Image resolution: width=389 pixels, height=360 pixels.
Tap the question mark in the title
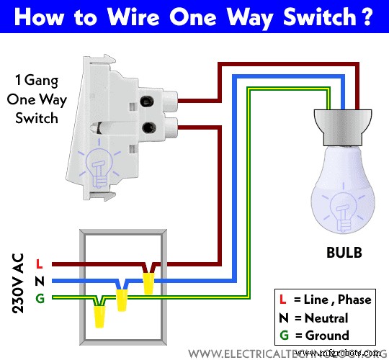pyautogui.click(x=367, y=16)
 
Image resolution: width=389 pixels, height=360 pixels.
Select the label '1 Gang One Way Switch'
pyautogui.click(x=37, y=100)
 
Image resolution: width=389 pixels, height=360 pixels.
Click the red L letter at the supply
pyautogui.click(x=39, y=265)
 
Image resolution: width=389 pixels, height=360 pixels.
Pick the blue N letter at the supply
pyautogui.click(x=39, y=282)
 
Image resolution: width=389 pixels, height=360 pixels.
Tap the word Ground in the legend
pyautogui.click(x=326, y=336)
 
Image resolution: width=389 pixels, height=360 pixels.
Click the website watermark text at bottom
pyautogui.click(x=288, y=354)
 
